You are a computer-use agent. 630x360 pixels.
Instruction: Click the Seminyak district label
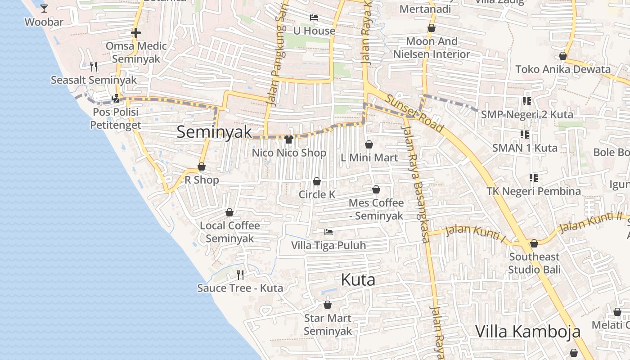[x=214, y=132]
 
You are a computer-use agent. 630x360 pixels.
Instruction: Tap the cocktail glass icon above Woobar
[x=44, y=8]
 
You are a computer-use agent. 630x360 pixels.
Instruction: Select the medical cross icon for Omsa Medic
[x=136, y=33]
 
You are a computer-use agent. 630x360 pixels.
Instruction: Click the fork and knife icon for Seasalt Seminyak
[x=94, y=67]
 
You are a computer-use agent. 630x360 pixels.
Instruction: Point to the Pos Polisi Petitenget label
[x=116, y=118]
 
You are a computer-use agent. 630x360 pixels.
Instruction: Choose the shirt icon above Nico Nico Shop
[x=289, y=139]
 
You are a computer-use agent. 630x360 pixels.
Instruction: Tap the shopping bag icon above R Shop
[x=202, y=167]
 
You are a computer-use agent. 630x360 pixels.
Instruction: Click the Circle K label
[x=317, y=194]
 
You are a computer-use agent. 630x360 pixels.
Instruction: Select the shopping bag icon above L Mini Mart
[x=369, y=144]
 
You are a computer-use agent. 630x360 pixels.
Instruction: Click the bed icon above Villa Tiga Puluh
[x=328, y=232]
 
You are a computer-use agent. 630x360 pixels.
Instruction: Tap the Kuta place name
[x=358, y=280]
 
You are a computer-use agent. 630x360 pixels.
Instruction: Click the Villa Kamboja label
[x=527, y=332]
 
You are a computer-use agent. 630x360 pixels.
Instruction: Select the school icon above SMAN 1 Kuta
[x=525, y=135]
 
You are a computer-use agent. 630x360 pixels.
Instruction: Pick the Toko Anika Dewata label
[x=563, y=69]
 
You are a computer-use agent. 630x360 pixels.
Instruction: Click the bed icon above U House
[x=314, y=18]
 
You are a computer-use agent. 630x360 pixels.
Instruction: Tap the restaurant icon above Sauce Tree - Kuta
[x=240, y=274]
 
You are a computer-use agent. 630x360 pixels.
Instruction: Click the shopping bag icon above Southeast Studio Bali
[x=534, y=243]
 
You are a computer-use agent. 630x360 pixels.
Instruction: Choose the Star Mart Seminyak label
[x=328, y=324]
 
